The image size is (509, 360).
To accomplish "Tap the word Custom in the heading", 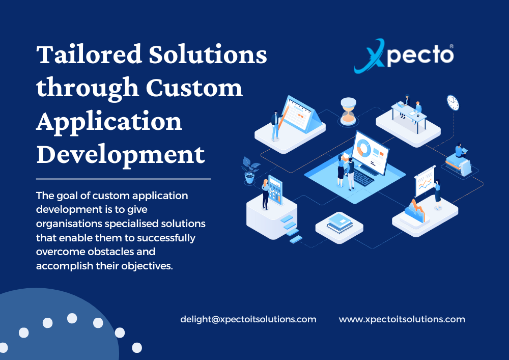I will (194, 88).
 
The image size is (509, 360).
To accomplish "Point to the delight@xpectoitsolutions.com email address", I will (248, 320).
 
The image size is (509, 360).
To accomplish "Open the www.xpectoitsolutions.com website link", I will (402, 320).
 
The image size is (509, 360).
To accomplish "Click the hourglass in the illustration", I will (348, 112).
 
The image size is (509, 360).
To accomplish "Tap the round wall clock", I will (453, 102).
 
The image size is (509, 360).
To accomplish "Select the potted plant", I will (249, 170).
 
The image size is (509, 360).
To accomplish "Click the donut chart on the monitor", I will (363, 148).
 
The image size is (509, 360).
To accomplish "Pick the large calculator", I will (275, 190).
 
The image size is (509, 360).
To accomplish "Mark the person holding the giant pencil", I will (276, 123).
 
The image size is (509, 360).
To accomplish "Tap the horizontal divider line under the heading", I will (124, 179).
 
